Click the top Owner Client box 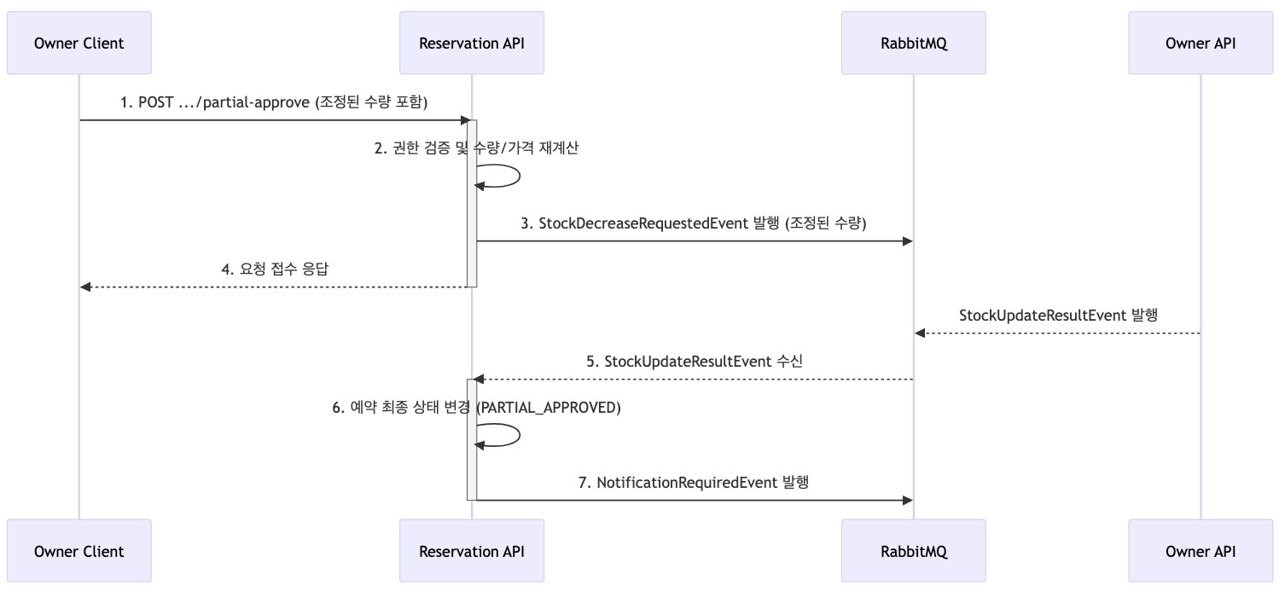(79, 43)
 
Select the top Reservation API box (472, 43)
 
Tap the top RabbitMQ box (914, 43)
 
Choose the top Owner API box (1201, 43)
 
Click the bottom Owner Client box (79, 552)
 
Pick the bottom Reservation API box (472, 552)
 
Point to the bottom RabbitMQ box (914, 552)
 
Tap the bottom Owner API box (1201, 552)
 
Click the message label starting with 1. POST (273, 102)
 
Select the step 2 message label (476, 148)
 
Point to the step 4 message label (275, 269)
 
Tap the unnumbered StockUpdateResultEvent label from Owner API (1058, 315)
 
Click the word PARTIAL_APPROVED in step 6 (549, 408)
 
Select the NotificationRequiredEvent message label (693, 482)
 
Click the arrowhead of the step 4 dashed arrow (85, 287)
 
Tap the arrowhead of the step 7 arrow (908, 500)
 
